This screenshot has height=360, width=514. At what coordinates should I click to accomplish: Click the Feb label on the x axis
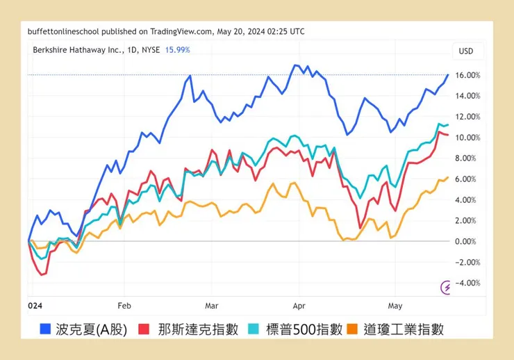(x=124, y=305)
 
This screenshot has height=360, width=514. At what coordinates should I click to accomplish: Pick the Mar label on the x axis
(x=211, y=305)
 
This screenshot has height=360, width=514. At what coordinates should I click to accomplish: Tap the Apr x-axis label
(x=299, y=305)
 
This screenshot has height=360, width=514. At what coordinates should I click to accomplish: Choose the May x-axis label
(x=395, y=305)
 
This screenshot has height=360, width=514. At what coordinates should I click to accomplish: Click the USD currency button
(x=466, y=51)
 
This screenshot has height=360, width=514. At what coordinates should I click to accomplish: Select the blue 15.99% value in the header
(x=177, y=50)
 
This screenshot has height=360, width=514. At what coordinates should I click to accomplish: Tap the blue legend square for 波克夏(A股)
(x=46, y=329)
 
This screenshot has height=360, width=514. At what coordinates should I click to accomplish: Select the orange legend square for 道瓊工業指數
(x=352, y=329)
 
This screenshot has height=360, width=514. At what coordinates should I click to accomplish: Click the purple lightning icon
(x=447, y=286)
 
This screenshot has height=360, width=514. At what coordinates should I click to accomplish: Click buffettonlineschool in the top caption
(x=63, y=31)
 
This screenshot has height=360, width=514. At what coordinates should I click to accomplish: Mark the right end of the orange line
(x=448, y=177)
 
